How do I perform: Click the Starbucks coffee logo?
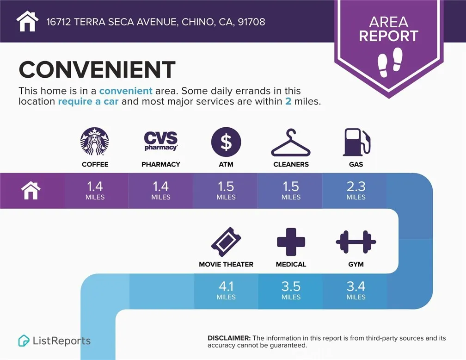point(95,141)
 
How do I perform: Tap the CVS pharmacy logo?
point(160,141)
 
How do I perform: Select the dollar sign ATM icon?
point(226,142)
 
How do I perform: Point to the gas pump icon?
point(356,142)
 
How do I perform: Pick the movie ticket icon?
point(226,242)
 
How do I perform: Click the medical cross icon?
point(291,242)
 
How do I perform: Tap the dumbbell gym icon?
point(356,242)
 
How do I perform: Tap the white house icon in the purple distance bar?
point(31,190)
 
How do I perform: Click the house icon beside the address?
point(27,21)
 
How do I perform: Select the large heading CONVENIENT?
point(97,70)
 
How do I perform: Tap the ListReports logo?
point(55,341)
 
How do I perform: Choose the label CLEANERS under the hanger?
point(291,164)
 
